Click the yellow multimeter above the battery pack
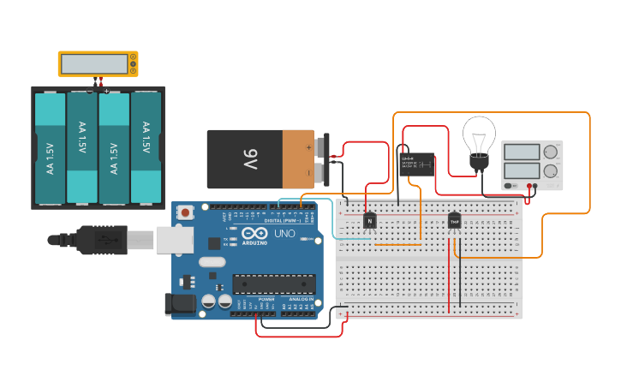(x=98, y=63)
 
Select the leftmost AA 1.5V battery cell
(x=51, y=147)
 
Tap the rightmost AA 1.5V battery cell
(x=145, y=147)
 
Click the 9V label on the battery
(x=250, y=159)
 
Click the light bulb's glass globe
(x=479, y=134)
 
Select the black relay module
(x=415, y=164)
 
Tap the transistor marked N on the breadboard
(x=369, y=221)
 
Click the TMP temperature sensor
(x=454, y=221)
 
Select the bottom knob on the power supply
(x=550, y=171)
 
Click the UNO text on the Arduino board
(x=284, y=234)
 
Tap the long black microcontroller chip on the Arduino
(x=274, y=284)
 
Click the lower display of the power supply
(x=521, y=171)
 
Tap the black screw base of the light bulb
(x=479, y=162)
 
